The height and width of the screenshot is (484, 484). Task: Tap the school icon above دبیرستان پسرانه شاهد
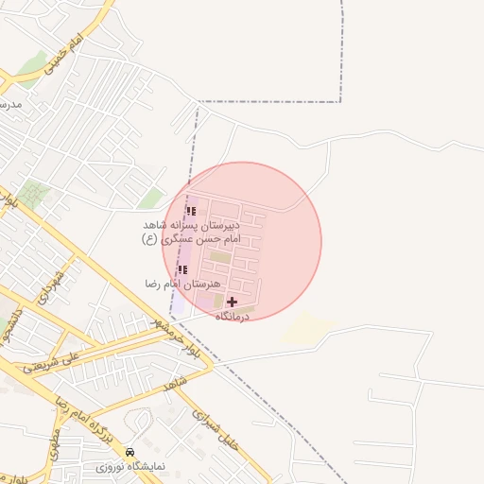pos(191,212)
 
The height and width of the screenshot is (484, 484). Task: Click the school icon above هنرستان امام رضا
pos(182,270)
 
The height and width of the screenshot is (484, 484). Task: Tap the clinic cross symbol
pos(232,302)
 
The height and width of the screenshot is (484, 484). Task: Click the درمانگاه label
pos(232,317)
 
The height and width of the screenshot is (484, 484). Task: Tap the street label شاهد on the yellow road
pos(171,385)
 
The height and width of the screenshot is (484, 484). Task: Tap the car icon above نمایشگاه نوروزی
pos(130,453)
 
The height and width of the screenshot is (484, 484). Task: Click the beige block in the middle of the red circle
pos(220,256)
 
